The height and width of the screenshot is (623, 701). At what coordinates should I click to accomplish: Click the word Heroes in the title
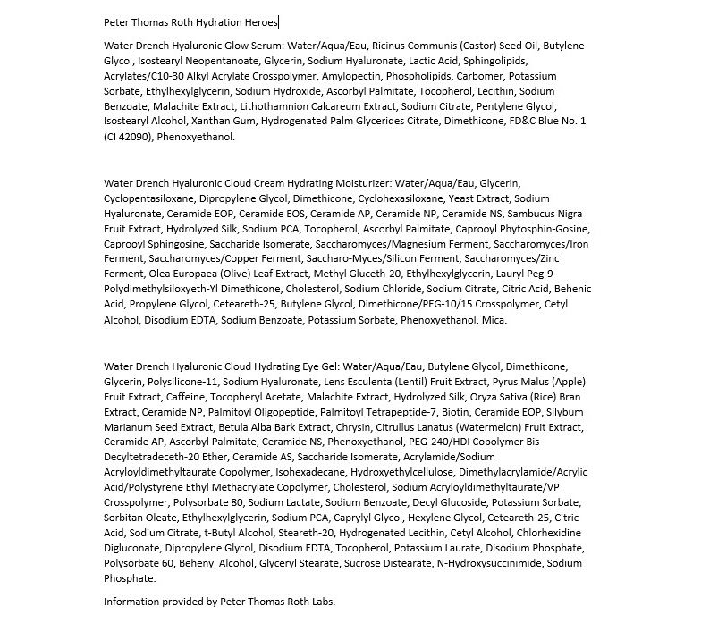(259, 21)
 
